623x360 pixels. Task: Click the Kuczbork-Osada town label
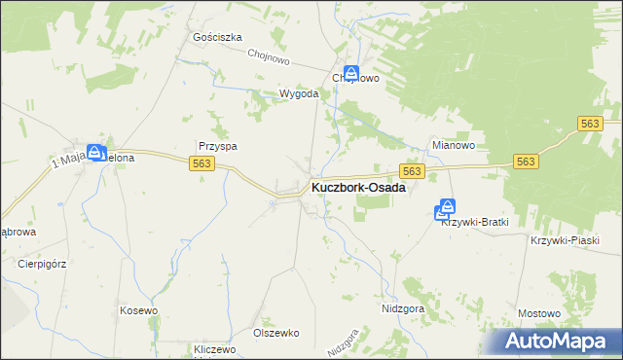pos(357,188)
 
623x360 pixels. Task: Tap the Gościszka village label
pos(217,37)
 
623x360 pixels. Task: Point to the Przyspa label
pos(218,146)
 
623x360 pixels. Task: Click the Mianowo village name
pos(453,146)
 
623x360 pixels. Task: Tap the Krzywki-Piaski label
pos(564,240)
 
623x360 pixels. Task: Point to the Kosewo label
pos(138,309)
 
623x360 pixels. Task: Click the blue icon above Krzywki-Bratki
pos(447,207)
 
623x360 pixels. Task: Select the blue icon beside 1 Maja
pos(95,152)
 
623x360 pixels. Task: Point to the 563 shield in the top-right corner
pos(589,124)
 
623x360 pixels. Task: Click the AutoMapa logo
pos(555,341)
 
